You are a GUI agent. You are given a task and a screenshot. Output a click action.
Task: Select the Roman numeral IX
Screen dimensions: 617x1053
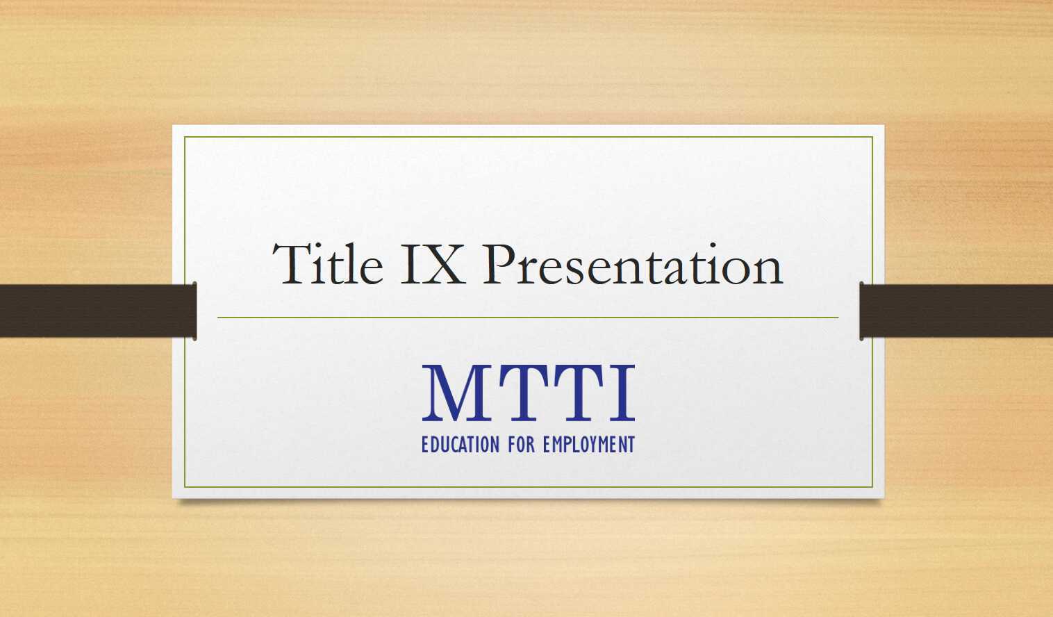coord(432,265)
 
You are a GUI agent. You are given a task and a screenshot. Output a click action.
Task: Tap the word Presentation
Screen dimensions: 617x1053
coord(632,266)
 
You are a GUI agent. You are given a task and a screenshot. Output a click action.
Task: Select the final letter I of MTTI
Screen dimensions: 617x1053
coord(622,393)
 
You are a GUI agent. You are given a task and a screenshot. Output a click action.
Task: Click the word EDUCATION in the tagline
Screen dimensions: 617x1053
coord(460,445)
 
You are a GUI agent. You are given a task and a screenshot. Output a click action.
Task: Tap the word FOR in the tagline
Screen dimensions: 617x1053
coord(521,445)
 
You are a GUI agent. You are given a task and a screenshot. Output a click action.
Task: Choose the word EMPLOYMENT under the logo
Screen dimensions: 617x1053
coord(589,445)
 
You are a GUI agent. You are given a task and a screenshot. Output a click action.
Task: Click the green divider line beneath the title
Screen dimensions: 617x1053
coord(528,318)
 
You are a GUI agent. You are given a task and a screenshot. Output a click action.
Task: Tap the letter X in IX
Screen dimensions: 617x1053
coord(442,265)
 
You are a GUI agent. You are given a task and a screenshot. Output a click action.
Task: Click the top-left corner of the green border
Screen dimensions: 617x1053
coord(185,138)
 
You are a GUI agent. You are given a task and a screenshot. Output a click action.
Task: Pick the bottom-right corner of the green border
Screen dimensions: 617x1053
coord(872,487)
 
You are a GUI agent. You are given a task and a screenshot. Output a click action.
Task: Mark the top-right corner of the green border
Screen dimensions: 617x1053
coord(872,138)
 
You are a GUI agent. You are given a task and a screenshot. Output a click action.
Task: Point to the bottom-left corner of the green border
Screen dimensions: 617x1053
coord(185,487)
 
